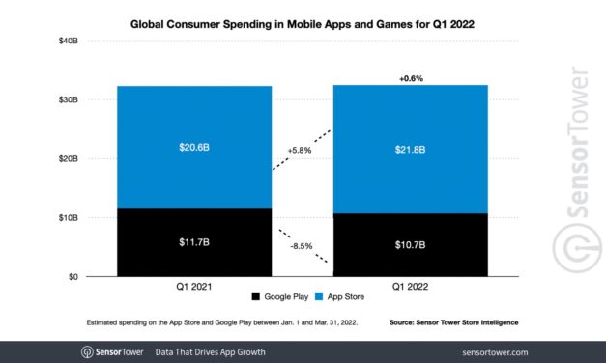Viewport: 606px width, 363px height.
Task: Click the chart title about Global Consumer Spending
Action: tap(302, 20)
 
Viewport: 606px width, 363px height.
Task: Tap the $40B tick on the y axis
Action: tap(67, 40)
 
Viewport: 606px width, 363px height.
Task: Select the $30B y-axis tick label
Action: tap(67, 99)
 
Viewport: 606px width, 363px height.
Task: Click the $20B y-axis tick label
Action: tap(67, 158)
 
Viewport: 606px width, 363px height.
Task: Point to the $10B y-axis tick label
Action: tap(67, 218)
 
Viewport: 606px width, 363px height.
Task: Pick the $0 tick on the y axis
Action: tap(72, 277)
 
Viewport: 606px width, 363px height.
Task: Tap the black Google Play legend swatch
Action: tap(256, 296)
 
